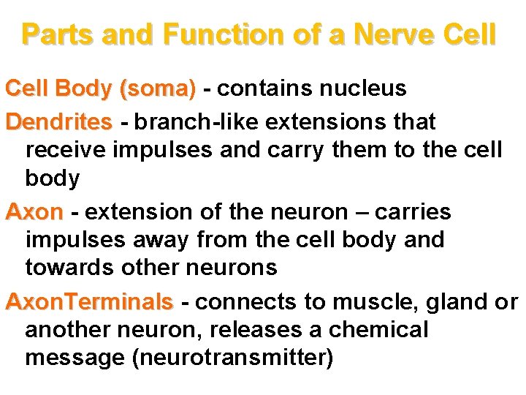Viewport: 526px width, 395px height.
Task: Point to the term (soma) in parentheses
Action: tap(159, 89)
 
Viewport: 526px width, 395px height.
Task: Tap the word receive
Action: tap(66, 150)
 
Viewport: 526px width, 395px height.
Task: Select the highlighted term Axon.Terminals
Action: tap(89, 301)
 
